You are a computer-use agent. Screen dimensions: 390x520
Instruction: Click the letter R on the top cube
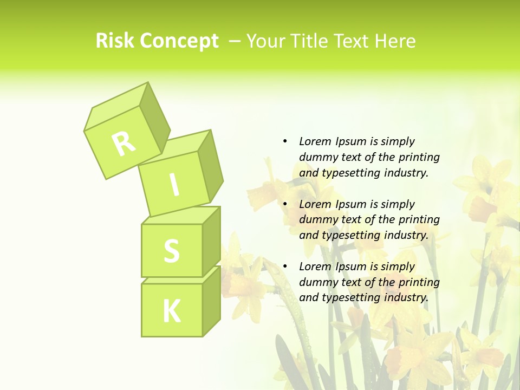(x=123, y=144)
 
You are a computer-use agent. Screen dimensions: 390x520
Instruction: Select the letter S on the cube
(x=171, y=250)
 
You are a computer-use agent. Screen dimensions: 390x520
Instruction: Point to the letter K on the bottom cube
(x=171, y=311)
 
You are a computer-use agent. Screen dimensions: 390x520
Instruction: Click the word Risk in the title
(x=115, y=41)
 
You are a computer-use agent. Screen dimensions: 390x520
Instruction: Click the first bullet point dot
(x=285, y=141)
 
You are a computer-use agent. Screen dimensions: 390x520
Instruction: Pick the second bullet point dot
(x=285, y=204)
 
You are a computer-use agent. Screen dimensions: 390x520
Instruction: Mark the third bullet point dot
(x=285, y=266)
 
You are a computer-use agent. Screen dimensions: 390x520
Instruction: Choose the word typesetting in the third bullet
(x=350, y=297)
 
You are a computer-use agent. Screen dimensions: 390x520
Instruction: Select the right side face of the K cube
(x=211, y=301)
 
